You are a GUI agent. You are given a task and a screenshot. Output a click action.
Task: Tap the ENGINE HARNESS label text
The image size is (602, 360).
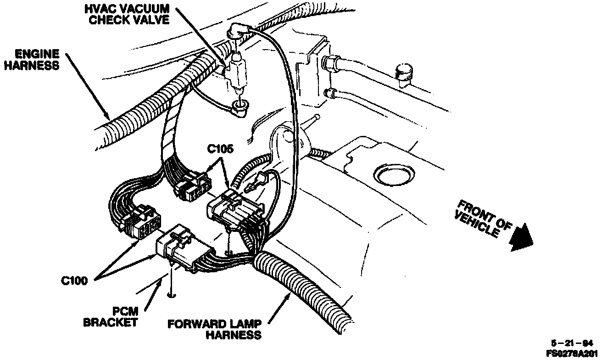coord(31,60)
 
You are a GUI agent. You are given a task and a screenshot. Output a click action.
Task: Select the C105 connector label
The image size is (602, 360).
coord(220,149)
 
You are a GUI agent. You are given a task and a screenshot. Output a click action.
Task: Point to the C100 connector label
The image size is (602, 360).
coord(75,280)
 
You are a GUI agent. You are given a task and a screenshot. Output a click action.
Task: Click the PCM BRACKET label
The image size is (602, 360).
coord(110,316)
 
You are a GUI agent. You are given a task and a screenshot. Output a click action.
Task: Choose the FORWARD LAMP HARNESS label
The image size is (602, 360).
coord(215,329)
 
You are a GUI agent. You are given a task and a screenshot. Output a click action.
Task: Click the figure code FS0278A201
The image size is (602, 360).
coord(574,354)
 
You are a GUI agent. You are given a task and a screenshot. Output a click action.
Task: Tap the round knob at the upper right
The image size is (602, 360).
coord(403,73)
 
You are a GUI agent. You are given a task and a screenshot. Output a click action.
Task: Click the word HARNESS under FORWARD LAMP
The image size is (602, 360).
coord(233,335)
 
